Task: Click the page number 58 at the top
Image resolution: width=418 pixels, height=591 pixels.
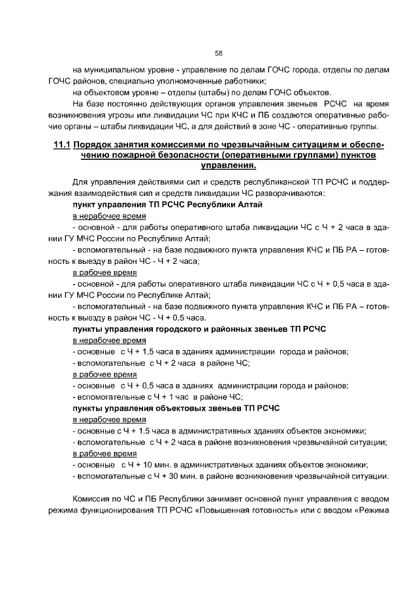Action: point(219,53)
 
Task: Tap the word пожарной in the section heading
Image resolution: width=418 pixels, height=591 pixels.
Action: point(135,155)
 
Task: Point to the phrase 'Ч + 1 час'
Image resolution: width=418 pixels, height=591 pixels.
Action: point(174,397)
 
